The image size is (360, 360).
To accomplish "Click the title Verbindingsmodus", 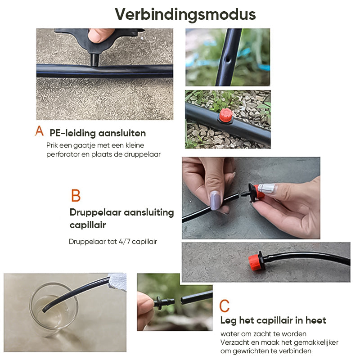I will pos(185,14).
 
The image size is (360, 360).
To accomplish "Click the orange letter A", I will pos(40,131).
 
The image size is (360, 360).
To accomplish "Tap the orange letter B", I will pos(76,196).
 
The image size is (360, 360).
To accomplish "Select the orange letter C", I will pos(224,306).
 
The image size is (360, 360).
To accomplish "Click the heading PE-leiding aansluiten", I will pos(98,133).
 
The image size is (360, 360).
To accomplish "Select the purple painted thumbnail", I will pos(215,199).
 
